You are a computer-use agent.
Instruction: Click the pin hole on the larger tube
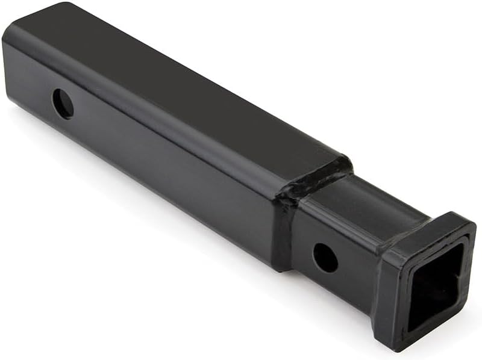point(63,104)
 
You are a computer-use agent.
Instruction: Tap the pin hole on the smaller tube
point(325,258)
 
